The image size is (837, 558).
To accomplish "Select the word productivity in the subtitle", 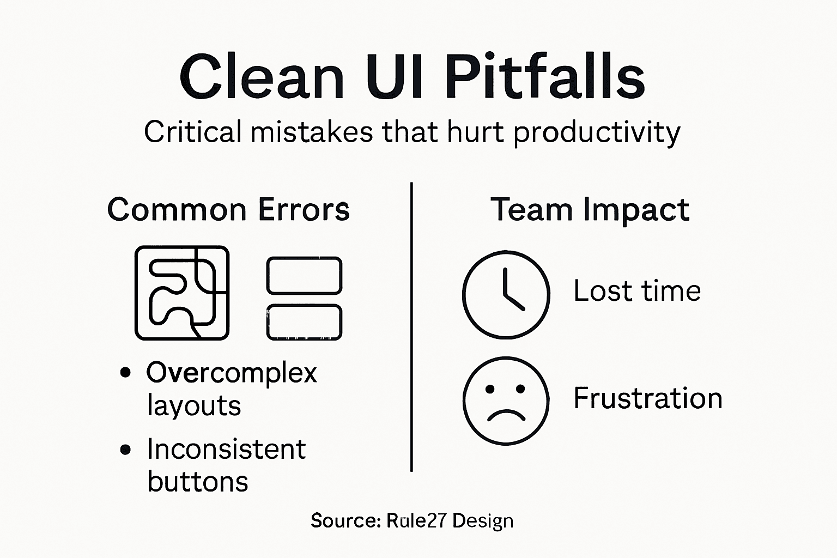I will click(x=597, y=132).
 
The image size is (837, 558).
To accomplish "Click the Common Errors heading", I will click(x=228, y=210).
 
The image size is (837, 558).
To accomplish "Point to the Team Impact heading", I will click(x=590, y=210).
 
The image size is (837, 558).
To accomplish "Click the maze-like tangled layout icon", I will click(x=182, y=293).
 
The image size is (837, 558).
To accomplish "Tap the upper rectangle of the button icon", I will click(x=304, y=275).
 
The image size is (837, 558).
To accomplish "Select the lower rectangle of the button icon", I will click(x=304, y=322).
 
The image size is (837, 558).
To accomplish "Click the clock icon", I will click(x=506, y=294).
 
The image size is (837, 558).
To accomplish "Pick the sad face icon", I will click(x=506, y=401).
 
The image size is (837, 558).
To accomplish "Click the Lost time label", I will click(x=637, y=291).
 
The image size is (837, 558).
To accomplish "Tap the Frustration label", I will click(x=648, y=398).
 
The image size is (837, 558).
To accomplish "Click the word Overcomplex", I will click(x=232, y=373).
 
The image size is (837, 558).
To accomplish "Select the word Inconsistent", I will click(x=226, y=450).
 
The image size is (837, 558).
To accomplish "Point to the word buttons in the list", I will click(x=198, y=482).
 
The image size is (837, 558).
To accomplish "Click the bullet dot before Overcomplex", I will click(x=126, y=373).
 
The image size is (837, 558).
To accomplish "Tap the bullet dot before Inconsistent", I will click(x=126, y=450).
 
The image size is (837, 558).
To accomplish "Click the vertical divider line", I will click(x=411, y=327).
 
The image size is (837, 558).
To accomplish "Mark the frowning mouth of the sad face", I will click(x=506, y=415).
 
